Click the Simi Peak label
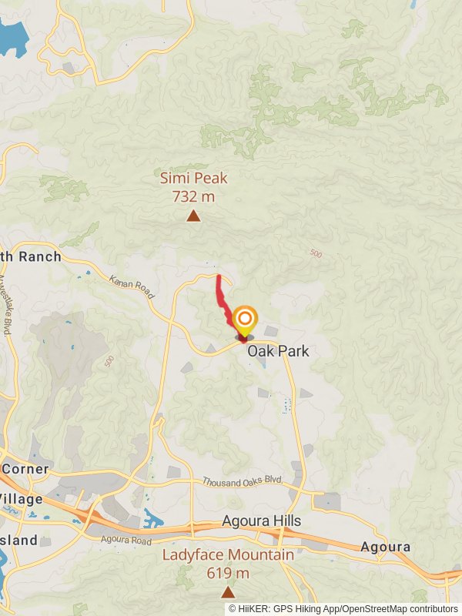194,179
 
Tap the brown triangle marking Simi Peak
193,216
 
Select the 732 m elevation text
194,196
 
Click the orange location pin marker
245,320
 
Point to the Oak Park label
278,351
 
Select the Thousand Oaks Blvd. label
243,481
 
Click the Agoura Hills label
262,521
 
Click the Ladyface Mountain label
228,555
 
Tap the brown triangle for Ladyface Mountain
228,592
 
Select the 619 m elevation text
228,573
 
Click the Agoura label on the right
385,547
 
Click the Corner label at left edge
25,469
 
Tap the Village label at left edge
22,499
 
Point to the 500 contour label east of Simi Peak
316,253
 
